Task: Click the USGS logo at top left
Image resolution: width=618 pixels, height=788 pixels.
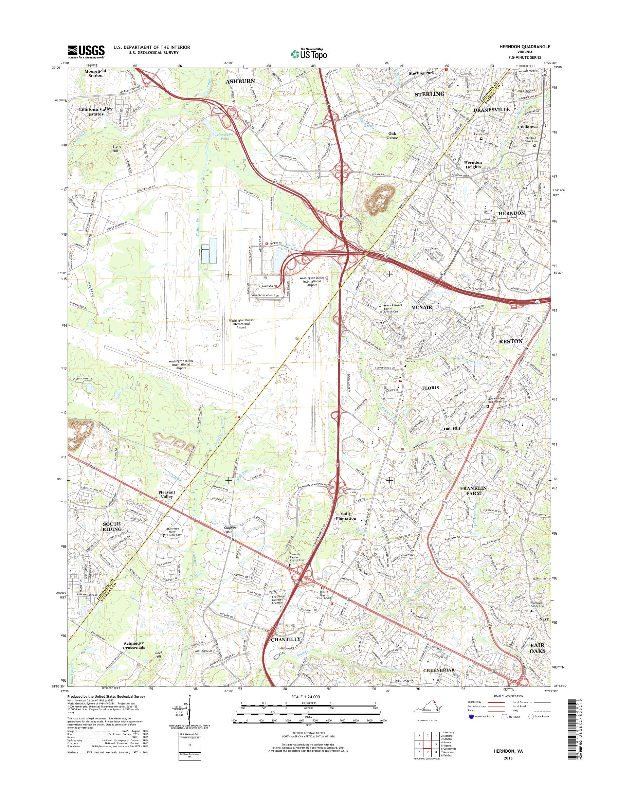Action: coord(86,51)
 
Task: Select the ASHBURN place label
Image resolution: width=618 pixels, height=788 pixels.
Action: coord(240,82)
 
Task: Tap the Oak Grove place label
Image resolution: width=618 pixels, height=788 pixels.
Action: coord(392,136)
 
